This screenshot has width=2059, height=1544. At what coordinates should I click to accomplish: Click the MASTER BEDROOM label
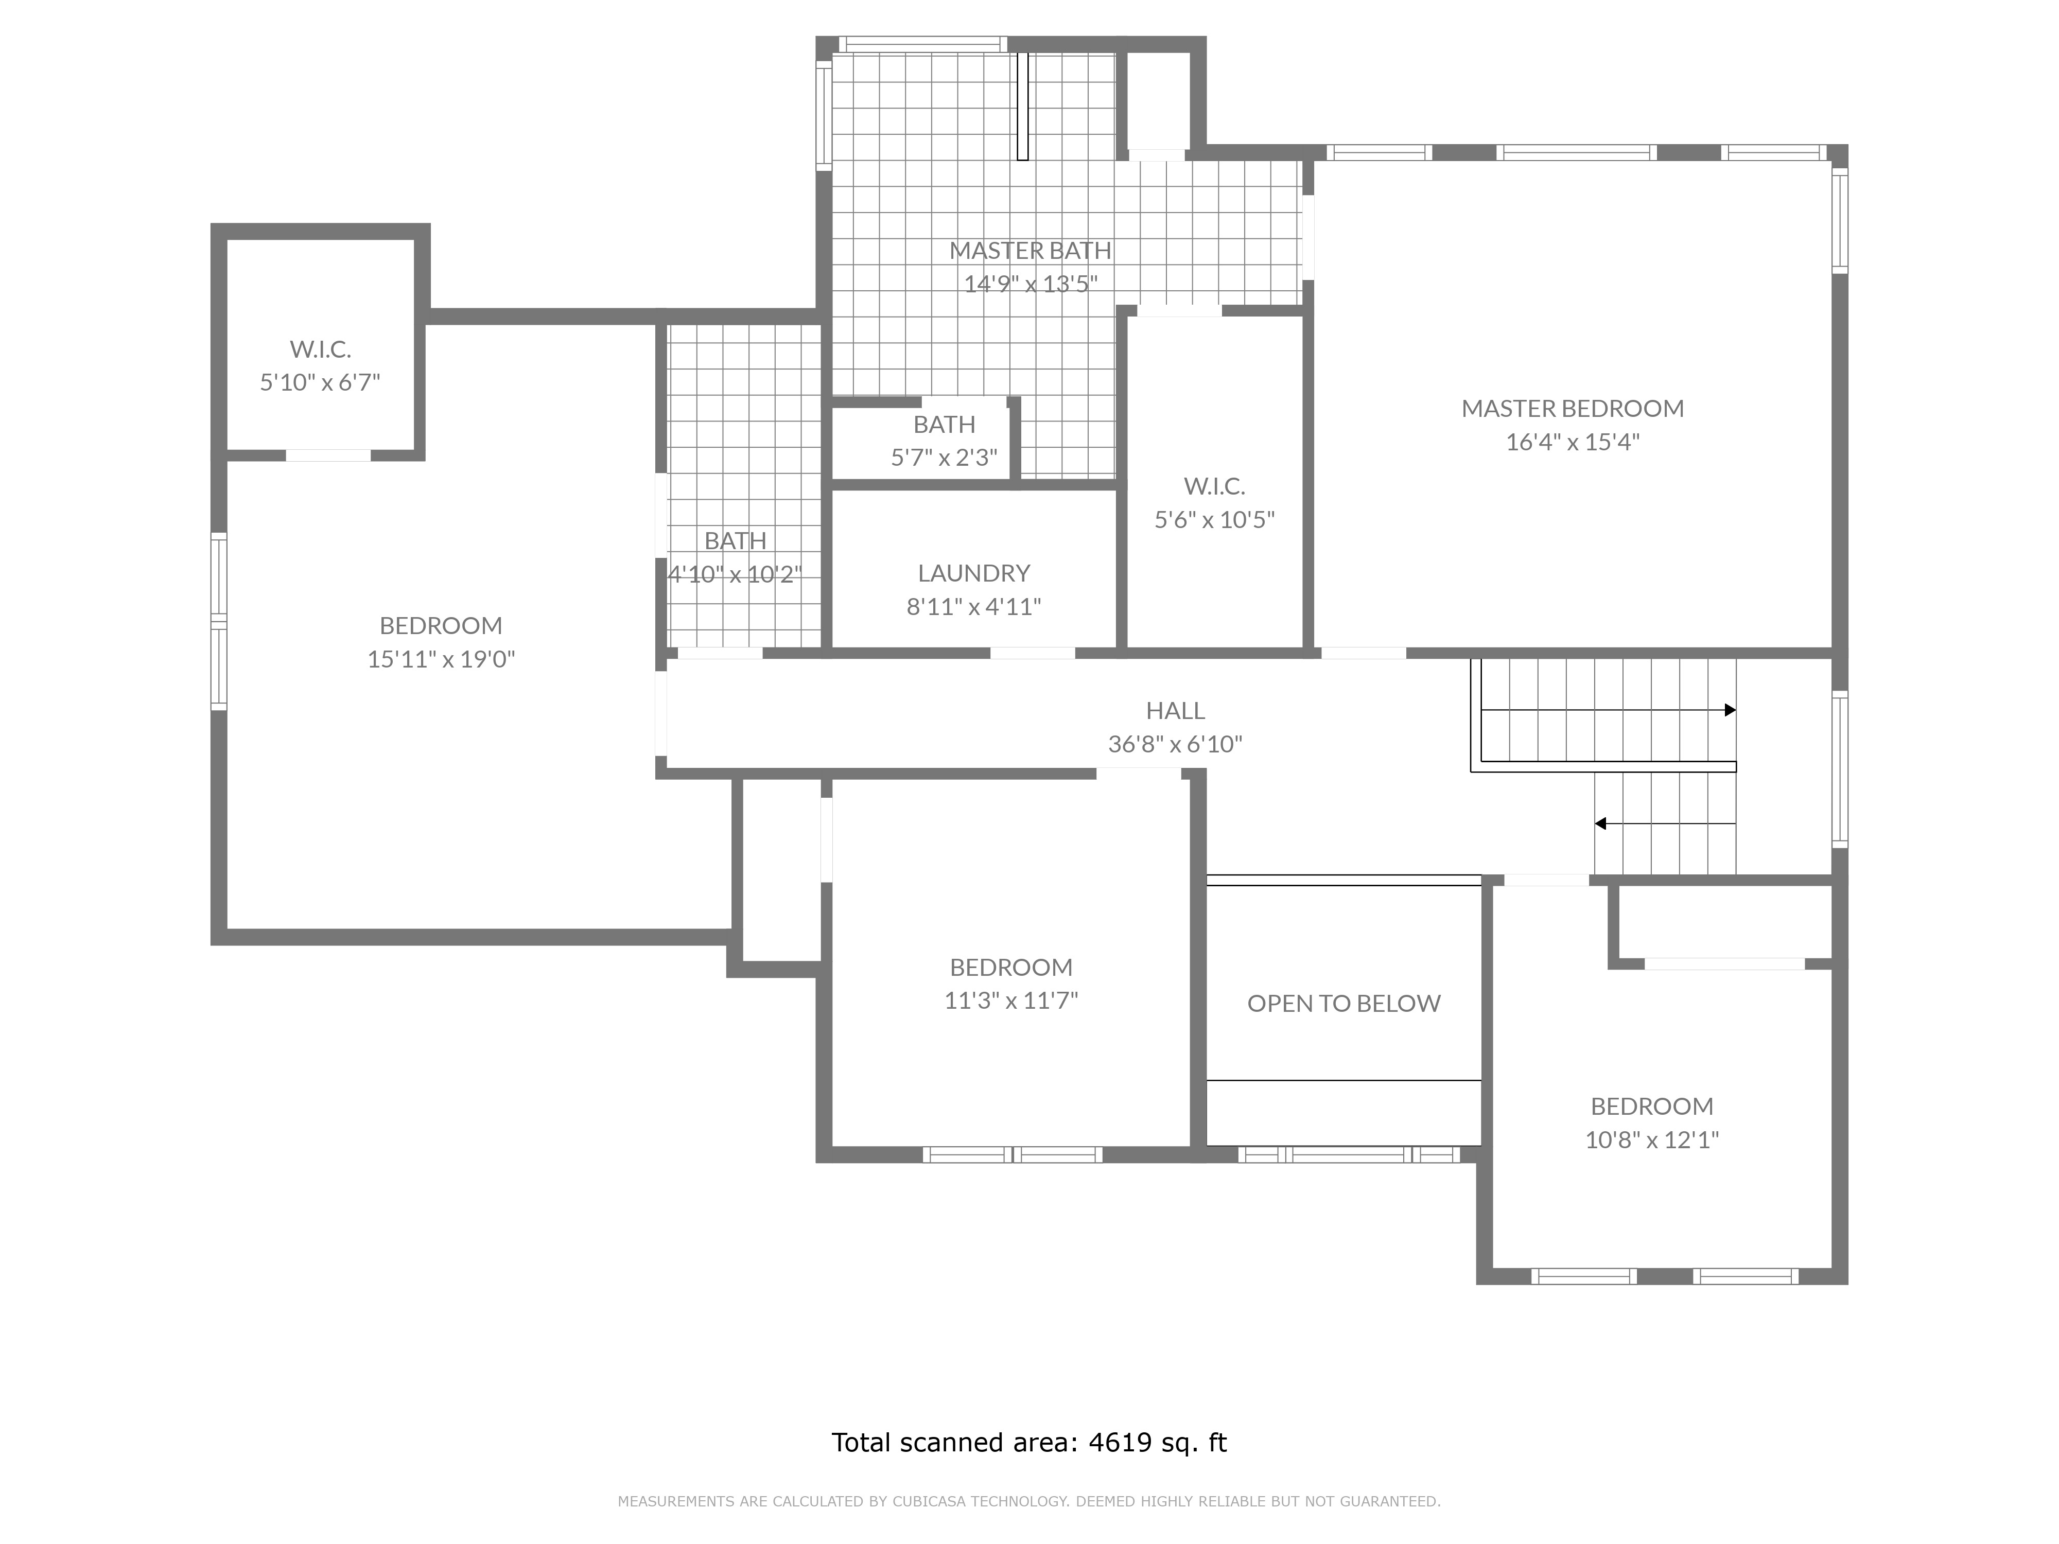pos(1572,409)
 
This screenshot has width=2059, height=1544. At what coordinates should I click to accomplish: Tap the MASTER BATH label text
pos(1031,250)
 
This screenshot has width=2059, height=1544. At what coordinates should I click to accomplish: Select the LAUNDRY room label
pos(974,573)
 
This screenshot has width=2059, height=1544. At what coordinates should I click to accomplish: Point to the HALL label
pos(1175,711)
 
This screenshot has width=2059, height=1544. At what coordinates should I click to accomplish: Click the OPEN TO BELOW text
pos(1343,1003)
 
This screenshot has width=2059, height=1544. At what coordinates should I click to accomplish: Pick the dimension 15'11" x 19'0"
pos(441,659)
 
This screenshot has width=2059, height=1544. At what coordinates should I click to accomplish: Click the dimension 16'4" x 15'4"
pos(1572,442)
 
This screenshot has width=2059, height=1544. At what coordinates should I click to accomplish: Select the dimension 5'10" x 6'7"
pos(320,382)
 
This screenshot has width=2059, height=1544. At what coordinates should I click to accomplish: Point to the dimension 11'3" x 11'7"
pos(1011,1001)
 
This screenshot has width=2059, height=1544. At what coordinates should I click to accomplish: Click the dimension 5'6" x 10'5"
pos(1214,520)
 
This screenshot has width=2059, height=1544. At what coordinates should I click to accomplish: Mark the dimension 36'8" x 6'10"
pos(1175,745)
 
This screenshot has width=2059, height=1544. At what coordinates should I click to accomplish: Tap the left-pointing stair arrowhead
pos(1600,823)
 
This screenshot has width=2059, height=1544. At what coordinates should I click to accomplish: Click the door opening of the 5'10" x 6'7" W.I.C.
pos(328,455)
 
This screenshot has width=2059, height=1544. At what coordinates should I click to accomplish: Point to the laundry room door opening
pos(1032,653)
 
